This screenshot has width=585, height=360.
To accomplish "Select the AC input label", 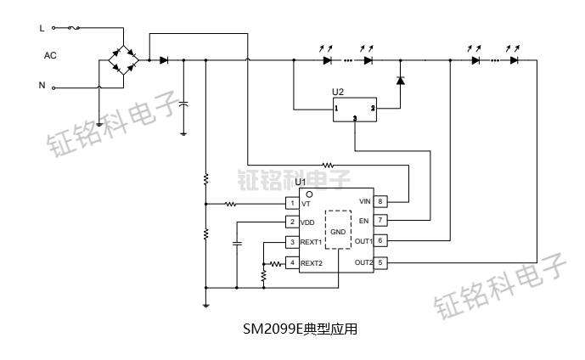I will point(50,55).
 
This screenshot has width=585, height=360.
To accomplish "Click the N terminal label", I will point(42,85).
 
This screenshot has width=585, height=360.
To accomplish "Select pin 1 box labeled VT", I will point(292,204).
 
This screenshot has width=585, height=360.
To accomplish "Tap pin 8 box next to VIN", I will point(381,201).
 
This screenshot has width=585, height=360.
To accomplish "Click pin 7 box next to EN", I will point(381,221).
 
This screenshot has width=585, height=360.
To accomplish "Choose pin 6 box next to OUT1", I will point(381,241).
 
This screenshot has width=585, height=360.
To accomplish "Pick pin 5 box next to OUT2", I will point(381,262).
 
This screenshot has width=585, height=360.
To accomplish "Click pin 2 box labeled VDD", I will point(292,222).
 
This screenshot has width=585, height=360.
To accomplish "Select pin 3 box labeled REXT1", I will point(292,243).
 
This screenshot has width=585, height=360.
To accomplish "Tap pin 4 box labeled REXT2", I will point(292,263).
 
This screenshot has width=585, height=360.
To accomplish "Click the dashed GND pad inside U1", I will point(339,230).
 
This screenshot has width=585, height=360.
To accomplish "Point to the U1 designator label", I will point(300,183).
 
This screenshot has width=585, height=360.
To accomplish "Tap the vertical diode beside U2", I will point(401,81).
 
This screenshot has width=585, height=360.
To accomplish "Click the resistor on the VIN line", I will point(329,164).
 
